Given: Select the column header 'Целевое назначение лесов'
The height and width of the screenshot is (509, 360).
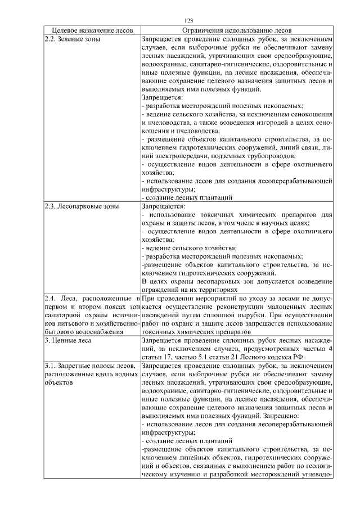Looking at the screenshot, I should pos(91,30).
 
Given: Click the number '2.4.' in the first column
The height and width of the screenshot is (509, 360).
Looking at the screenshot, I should pos(51,296).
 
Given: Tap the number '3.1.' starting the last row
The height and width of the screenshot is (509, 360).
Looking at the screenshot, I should pos(51,367).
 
